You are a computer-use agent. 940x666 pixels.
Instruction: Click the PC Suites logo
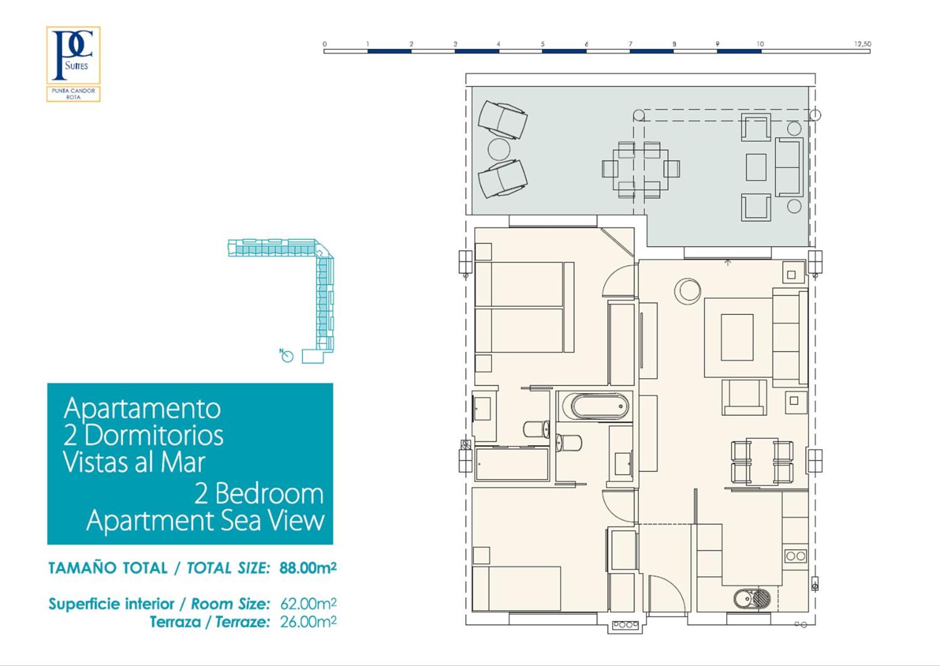(x=73, y=64)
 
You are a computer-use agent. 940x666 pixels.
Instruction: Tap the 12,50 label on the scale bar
(x=862, y=44)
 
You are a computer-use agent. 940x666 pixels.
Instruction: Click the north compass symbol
(x=287, y=356)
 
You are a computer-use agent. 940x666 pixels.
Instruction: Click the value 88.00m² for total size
(x=308, y=568)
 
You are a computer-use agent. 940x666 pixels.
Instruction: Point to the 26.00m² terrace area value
(x=308, y=622)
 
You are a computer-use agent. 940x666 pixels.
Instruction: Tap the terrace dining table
(x=640, y=170)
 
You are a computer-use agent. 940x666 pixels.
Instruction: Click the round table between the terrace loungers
(x=499, y=149)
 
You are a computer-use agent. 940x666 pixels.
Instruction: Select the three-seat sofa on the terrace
(x=789, y=167)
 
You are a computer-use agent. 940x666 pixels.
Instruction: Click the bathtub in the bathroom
(x=599, y=407)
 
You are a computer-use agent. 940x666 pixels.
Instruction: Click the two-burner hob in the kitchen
(x=796, y=556)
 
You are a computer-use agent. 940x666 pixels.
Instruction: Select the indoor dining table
(x=762, y=461)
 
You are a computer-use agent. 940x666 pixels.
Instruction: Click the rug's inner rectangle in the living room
(x=737, y=337)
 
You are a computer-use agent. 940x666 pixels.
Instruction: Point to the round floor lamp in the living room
(x=688, y=291)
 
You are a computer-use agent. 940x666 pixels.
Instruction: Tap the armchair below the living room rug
(x=744, y=397)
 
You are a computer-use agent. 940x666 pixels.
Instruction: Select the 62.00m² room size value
(x=308, y=604)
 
